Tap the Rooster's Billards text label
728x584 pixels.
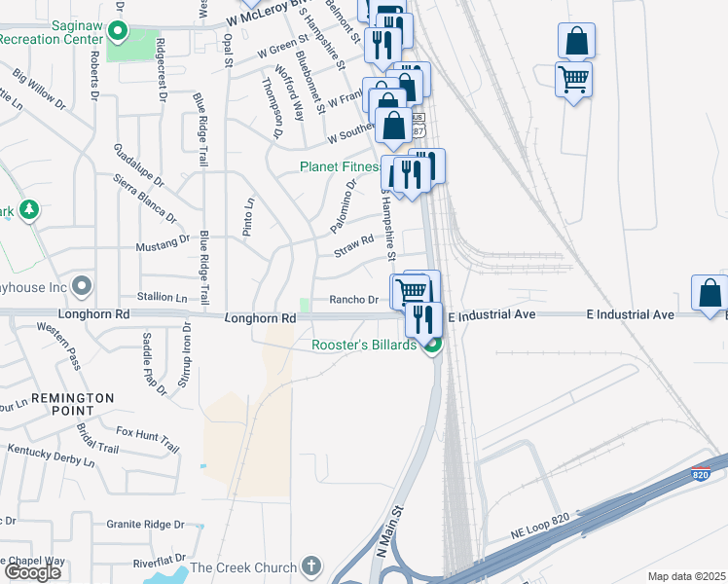364,345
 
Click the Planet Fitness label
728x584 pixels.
341,166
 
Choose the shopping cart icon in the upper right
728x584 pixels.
573,79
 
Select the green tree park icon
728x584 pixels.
29,209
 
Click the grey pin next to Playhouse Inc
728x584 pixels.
82,286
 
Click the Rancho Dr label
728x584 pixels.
352,300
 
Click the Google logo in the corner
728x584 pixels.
32,571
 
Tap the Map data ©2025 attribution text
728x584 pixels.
687,576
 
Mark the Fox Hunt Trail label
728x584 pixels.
147,440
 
